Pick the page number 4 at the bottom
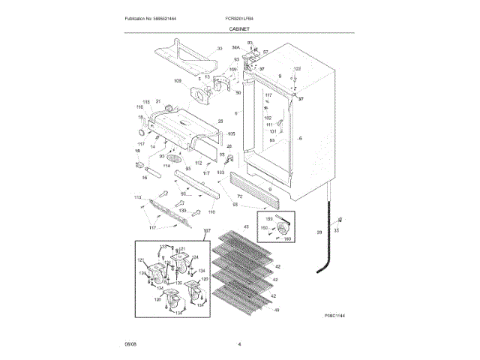(x=239, y=344)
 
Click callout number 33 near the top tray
(x=220, y=49)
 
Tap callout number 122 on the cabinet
(x=296, y=69)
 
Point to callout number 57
(x=265, y=52)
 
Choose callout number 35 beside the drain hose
(x=336, y=231)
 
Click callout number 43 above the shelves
(x=245, y=226)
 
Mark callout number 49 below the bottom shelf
(x=277, y=310)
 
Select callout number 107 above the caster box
(x=208, y=231)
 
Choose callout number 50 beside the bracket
(x=238, y=93)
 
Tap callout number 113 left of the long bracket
(x=138, y=197)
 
